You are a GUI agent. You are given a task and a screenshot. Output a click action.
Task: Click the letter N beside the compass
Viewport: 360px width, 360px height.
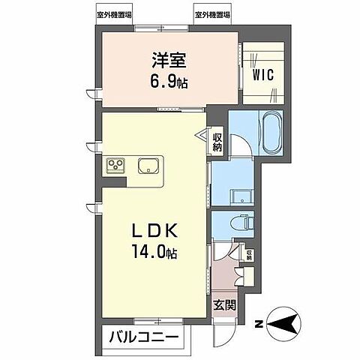click(x=257, y=324)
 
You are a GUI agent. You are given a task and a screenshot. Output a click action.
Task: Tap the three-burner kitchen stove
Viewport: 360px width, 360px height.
click(x=115, y=165)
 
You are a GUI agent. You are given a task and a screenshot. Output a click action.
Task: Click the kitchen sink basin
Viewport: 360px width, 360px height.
click(x=148, y=165)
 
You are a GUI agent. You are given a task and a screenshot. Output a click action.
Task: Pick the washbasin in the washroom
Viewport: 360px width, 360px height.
click(x=240, y=197)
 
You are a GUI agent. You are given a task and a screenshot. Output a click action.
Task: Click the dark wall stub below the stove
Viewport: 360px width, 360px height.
click(x=98, y=183)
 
